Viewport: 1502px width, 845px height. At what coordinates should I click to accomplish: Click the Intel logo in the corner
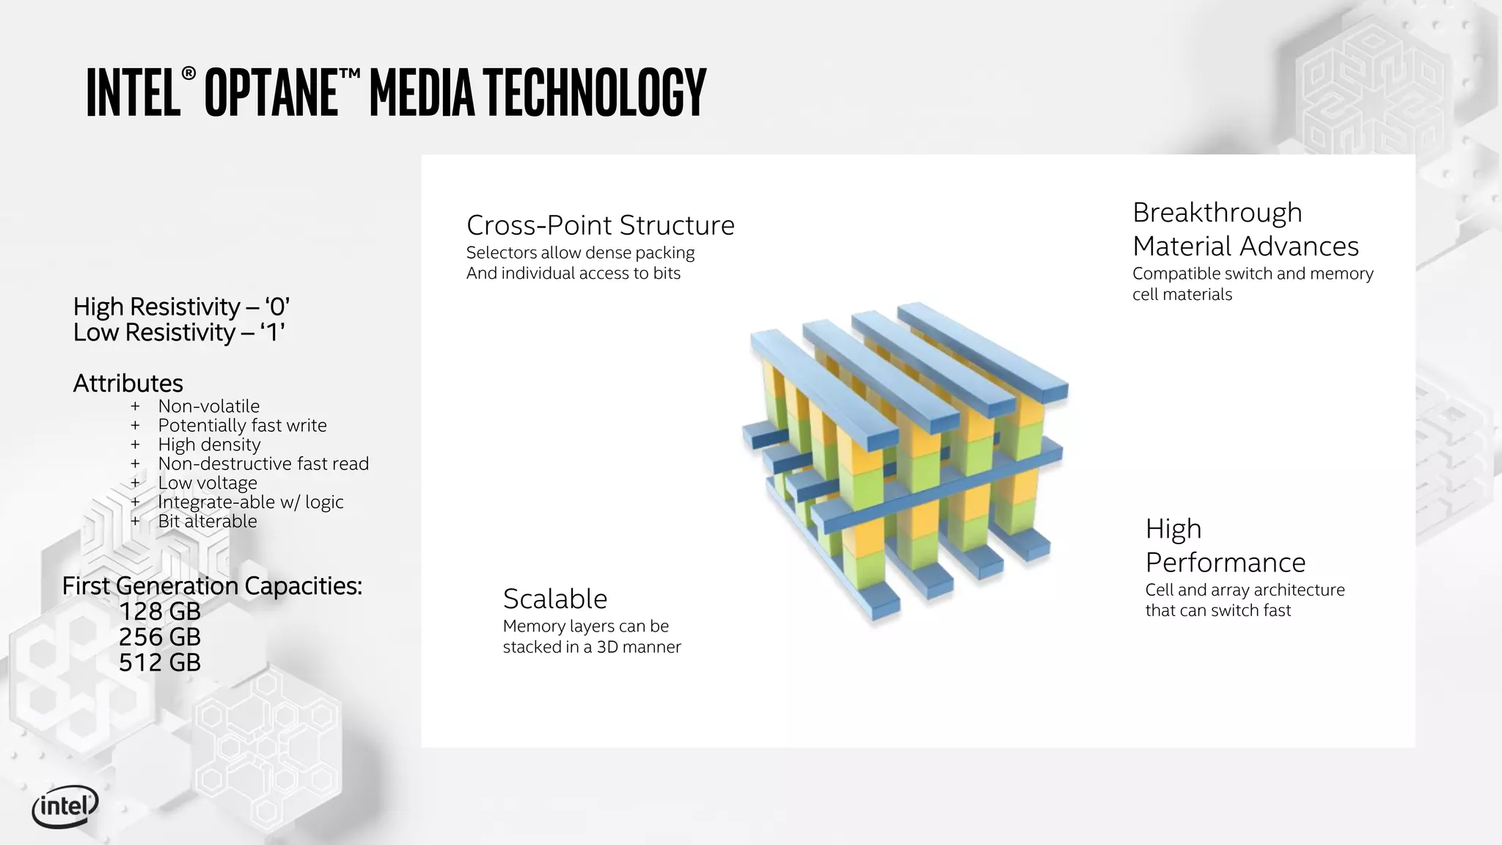pyautogui.click(x=65, y=808)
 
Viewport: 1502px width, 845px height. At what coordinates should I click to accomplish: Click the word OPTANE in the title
pyautogui.click(x=271, y=93)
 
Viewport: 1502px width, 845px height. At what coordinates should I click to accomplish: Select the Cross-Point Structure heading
pyautogui.click(x=600, y=225)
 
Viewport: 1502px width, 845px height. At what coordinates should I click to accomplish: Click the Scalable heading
pyautogui.click(x=555, y=599)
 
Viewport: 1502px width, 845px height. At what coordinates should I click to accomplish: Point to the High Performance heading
pyautogui.click(x=1225, y=546)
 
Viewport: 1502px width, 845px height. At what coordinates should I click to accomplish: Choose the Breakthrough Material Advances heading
pyautogui.click(x=1245, y=229)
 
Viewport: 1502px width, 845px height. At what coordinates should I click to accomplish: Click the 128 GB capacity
pyautogui.click(x=159, y=612)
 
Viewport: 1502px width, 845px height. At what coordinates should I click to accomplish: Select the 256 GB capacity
pyautogui.click(x=159, y=637)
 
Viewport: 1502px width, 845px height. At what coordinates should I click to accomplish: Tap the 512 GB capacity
pyautogui.click(x=159, y=663)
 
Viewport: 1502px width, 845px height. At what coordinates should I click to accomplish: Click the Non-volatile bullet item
pyautogui.click(x=208, y=406)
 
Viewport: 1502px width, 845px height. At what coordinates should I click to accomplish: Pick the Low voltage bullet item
pyautogui.click(x=208, y=483)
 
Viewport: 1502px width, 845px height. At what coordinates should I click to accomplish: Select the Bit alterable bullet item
pyautogui.click(x=208, y=522)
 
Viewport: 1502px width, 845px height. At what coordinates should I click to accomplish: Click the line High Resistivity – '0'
pyautogui.click(x=181, y=307)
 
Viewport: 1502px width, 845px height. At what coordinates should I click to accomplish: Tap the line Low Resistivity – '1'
pyautogui.click(x=178, y=333)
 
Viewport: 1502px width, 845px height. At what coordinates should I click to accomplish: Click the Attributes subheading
pyautogui.click(x=128, y=384)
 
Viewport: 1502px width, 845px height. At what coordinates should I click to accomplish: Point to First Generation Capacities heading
pyautogui.click(x=212, y=586)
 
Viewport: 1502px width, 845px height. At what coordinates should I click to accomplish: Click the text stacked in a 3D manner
pyautogui.click(x=592, y=647)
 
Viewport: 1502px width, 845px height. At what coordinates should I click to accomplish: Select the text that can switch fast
pyautogui.click(x=1217, y=610)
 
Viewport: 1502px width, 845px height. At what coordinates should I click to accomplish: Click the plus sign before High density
pyautogui.click(x=135, y=445)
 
